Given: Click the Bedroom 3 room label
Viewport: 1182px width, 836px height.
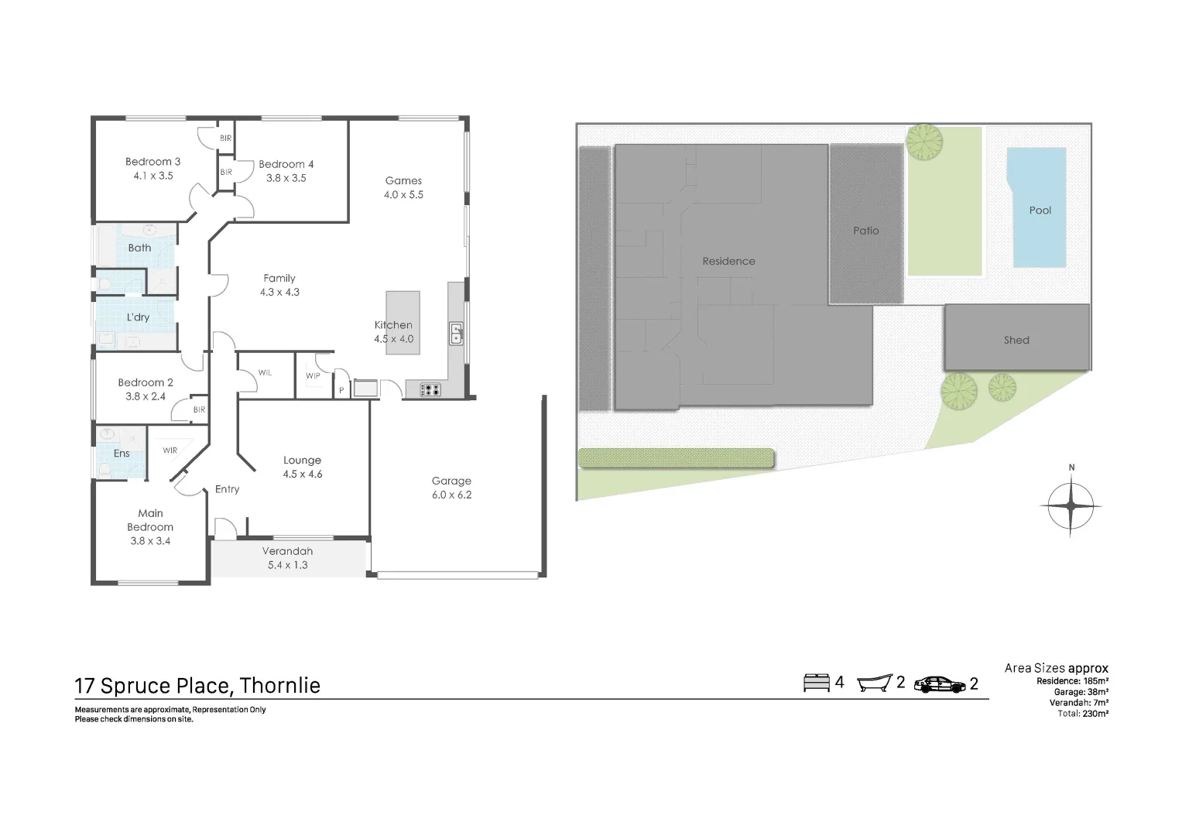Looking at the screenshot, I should point(152,162).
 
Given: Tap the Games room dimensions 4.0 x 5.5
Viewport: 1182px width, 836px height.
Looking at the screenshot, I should point(403,195).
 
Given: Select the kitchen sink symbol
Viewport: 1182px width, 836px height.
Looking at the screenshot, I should point(457,334).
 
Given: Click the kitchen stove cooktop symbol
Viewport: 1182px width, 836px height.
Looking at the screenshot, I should point(430,390).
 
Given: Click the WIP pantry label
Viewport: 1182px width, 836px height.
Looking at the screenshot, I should point(313,376).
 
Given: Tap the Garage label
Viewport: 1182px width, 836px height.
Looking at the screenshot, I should point(451,481).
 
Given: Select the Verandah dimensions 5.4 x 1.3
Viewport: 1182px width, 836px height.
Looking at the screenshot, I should point(287,565).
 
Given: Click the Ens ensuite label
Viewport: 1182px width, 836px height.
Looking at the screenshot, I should point(122,454).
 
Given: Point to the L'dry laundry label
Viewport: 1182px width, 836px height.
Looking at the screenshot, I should point(138,317).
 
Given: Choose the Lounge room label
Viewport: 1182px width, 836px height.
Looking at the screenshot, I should point(302,460).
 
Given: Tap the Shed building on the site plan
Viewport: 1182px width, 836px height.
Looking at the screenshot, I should point(1016,339).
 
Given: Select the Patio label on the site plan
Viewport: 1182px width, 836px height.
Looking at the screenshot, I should point(865,231).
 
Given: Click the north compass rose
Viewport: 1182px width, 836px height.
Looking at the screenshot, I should point(1071,506).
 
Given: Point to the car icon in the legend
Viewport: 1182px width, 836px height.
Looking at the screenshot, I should point(939,684).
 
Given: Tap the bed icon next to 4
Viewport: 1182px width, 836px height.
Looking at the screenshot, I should point(815,683).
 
